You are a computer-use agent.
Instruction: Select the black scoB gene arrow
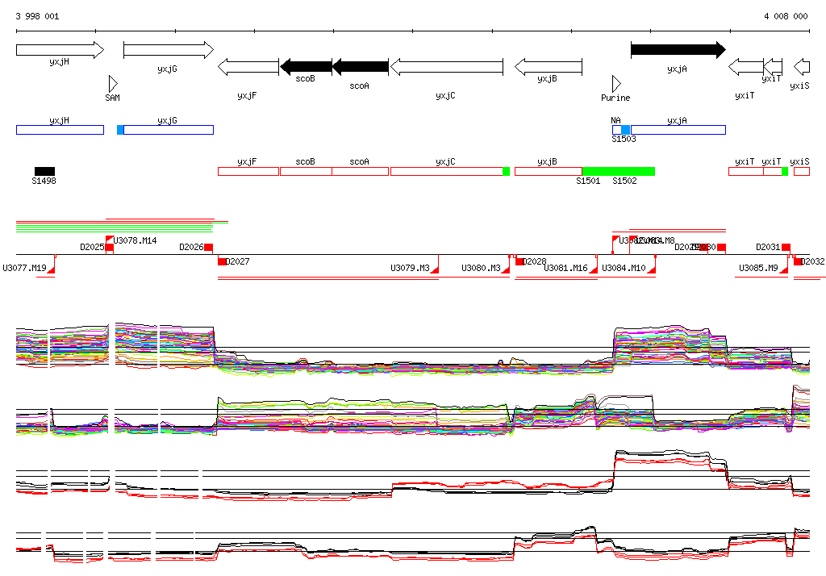coord(306,66)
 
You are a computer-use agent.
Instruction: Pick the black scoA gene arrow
coord(360,66)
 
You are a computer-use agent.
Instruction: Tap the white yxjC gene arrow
coord(446,66)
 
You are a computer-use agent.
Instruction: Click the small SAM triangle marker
coord(113,84)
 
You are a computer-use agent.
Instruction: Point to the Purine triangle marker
coord(616,84)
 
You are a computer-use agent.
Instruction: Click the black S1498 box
coord(44,171)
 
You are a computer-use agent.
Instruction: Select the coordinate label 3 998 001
coord(37,16)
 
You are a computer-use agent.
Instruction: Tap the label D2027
coord(238,261)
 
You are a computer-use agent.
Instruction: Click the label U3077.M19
coord(25,268)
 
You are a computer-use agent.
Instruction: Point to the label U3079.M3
coord(410,268)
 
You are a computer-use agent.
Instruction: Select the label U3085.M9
coord(758,268)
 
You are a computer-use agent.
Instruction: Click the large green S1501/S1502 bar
coord(618,171)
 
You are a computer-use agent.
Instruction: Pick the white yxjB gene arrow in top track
coord(549,66)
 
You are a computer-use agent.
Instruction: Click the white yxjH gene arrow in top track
coord(60,50)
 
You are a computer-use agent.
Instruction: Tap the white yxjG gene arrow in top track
coord(168,50)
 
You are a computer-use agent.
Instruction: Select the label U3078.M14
coord(136,240)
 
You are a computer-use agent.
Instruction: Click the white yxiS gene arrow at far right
coord(802,66)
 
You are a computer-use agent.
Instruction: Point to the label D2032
coord(813,261)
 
